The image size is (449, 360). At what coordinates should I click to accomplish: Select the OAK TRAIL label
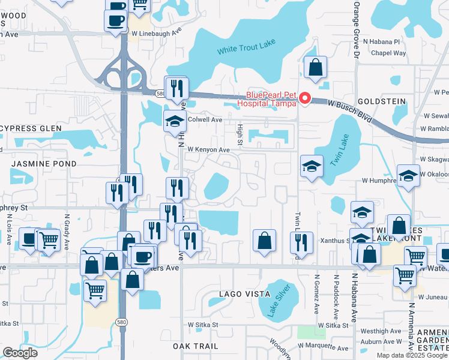pyautogui.click(x=194, y=346)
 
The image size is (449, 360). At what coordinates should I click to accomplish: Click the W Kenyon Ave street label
pyautogui.click(x=208, y=149)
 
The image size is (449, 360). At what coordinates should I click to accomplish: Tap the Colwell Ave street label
pyautogui.click(x=205, y=119)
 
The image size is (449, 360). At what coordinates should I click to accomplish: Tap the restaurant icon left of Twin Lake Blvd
pyautogui.click(x=300, y=242)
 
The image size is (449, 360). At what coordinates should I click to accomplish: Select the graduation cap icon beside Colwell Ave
pyautogui.click(x=175, y=119)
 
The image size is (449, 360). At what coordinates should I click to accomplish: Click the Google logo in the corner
pyautogui.click(x=20, y=353)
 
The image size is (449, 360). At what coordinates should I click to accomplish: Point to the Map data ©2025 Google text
pyautogui.click(x=412, y=355)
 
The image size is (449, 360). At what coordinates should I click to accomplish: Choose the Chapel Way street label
pyautogui.click(x=388, y=53)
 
